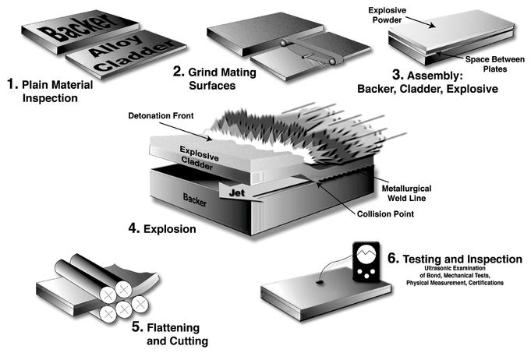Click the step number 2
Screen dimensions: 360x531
pyautogui.click(x=178, y=71)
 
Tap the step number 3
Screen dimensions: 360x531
pyautogui.click(x=375, y=76)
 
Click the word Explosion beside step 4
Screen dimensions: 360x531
pyautogui.click(x=171, y=231)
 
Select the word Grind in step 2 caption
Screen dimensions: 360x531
pyautogui.click(x=204, y=71)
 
